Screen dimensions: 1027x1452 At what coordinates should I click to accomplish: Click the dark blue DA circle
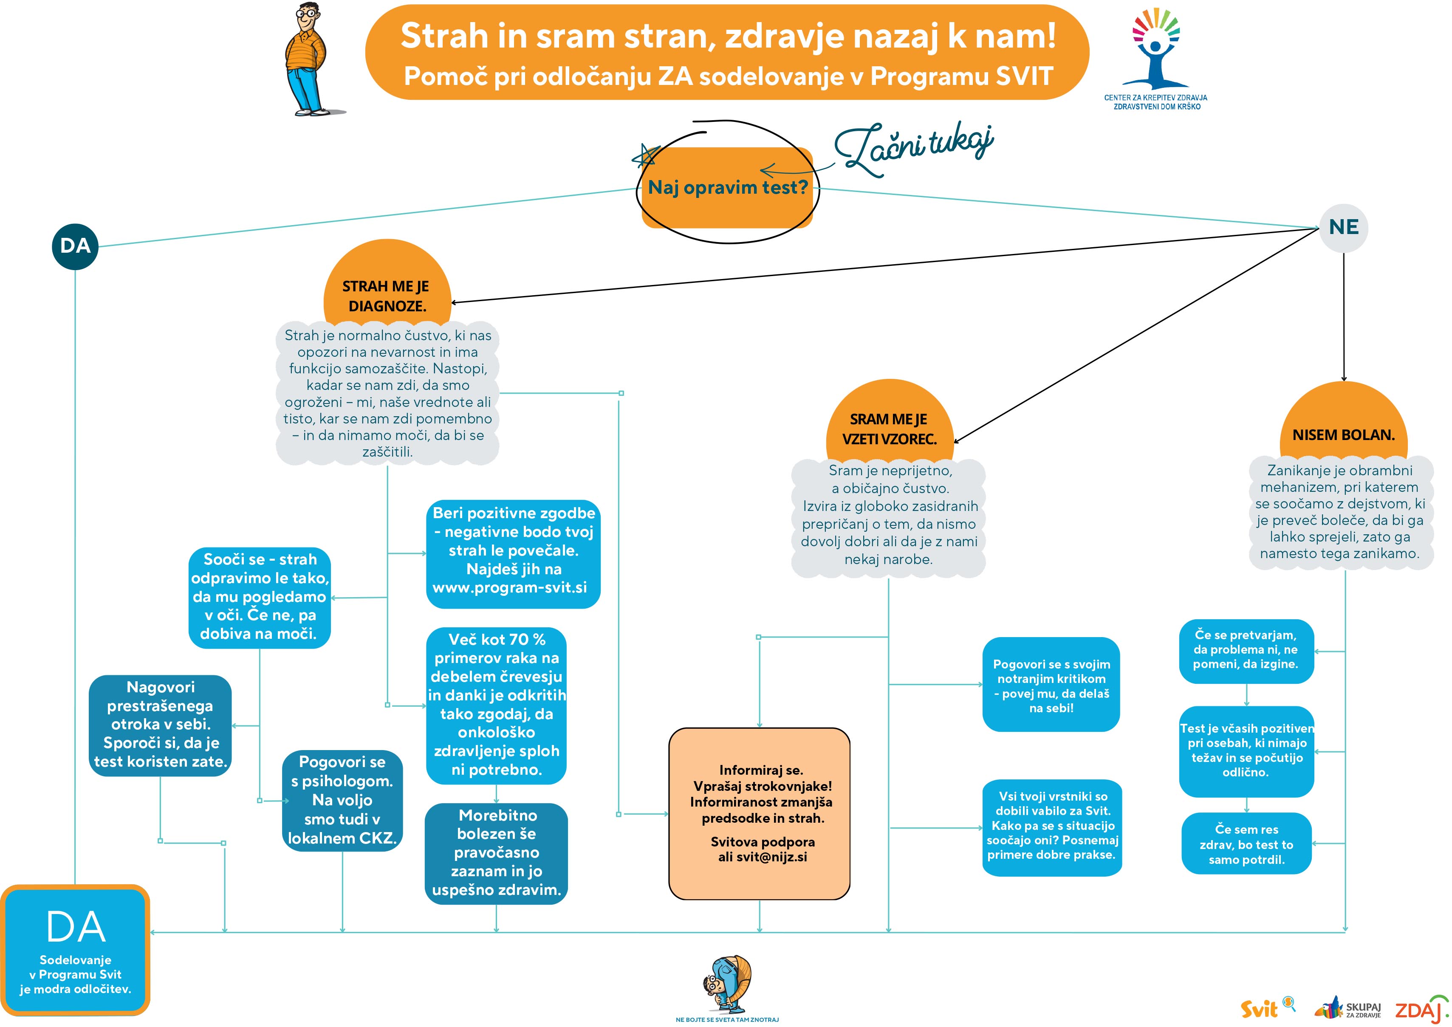pyautogui.click(x=75, y=246)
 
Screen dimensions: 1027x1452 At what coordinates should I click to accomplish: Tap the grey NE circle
pyautogui.click(x=1343, y=228)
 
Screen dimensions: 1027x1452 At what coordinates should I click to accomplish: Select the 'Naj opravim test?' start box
pyautogui.click(x=727, y=188)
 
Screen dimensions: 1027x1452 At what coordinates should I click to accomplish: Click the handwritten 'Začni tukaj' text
pyautogui.click(x=914, y=150)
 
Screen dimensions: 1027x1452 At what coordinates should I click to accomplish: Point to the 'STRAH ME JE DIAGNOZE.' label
pyautogui.click(x=387, y=296)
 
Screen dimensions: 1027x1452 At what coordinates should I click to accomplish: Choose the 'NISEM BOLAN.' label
pyautogui.click(x=1343, y=435)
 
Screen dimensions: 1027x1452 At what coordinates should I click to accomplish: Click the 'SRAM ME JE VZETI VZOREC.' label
pyautogui.click(x=889, y=429)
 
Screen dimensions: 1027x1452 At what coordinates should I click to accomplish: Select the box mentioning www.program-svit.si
pyautogui.click(x=513, y=553)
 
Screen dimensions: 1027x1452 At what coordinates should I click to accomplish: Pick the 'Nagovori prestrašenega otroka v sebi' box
pyautogui.click(x=160, y=725)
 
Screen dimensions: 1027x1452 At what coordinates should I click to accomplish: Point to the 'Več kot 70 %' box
pyautogui.click(x=497, y=705)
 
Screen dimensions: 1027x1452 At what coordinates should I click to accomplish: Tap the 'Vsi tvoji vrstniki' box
pyautogui.click(x=1052, y=826)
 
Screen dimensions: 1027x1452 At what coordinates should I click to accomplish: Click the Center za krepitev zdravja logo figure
pyautogui.click(x=1155, y=54)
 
